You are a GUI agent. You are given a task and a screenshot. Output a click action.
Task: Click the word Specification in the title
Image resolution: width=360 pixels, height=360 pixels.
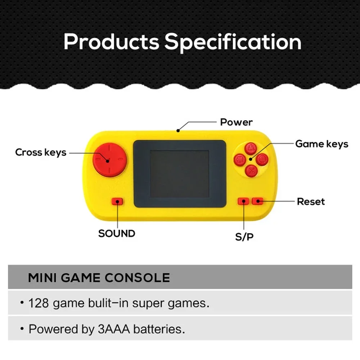pyautogui.click(x=233, y=42)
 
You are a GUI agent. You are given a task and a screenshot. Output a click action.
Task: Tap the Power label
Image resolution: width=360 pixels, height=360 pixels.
pyautogui.click(x=236, y=122)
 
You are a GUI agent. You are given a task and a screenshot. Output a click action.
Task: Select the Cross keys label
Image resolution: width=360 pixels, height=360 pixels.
pyautogui.click(x=41, y=152)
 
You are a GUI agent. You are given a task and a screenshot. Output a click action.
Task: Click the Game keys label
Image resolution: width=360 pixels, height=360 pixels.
pyautogui.click(x=321, y=144)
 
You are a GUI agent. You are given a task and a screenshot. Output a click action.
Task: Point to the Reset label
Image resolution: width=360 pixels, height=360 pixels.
pyautogui.click(x=311, y=202)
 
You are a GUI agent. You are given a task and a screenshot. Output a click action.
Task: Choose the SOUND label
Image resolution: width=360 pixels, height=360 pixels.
pyautogui.click(x=117, y=234)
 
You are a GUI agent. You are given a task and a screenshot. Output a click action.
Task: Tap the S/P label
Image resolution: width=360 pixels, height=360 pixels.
pyautogui.click(x=244, y=237)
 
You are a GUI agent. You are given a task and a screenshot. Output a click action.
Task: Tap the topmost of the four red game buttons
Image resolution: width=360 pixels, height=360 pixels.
pyautogui.click(x=251, y=149)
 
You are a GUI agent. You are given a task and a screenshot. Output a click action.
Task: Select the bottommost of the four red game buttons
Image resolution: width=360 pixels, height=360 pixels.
pyautogui.click(x=251, y=171)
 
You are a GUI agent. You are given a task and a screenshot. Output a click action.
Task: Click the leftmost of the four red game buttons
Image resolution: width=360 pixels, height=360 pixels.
pyautogui.click(x=240, y=160)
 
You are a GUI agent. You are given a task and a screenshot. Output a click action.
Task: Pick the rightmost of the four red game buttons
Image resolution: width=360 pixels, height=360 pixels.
pyautogui.click(x=262, y=159)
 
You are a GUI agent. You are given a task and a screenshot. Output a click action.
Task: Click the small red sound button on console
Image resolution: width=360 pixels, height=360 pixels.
pyautogui.click(x=117, y=202)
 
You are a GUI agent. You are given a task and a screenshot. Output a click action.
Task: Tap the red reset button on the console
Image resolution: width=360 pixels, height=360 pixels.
pyautogui.click(x=258, y=201)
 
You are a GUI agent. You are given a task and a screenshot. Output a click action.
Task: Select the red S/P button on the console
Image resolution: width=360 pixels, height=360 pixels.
pyautogui.click(x=244, y=201)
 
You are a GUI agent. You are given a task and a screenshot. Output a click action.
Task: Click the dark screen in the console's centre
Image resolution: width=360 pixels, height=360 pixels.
pyautogui.click(x=180, y=174)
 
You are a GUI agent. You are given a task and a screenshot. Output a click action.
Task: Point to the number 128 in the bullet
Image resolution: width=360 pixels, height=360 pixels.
pyautogui.click(x=39, y=303)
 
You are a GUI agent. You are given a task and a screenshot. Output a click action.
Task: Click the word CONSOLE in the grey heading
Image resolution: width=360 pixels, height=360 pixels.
pyautogui.click(x=137, y=278)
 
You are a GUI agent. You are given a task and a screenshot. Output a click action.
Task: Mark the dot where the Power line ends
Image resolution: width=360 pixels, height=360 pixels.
pyautogui.click(x=178, y=131)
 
